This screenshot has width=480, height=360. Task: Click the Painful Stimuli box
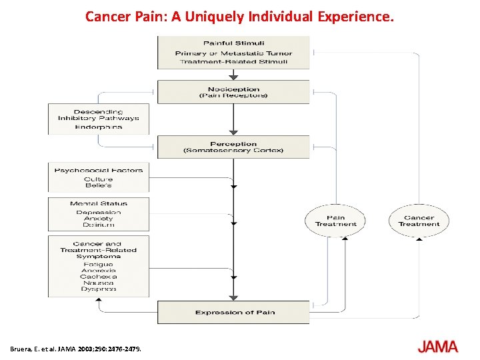coord(233,52)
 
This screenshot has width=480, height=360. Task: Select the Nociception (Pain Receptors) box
coord(233,92)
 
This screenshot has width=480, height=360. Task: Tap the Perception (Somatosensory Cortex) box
coord(233,147)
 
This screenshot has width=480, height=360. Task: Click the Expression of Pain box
coord(233,312)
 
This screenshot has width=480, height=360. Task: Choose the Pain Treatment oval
coord(336,221)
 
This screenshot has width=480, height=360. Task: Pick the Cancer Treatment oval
coord(419,221)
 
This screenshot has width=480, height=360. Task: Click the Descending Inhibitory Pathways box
coord(99,119)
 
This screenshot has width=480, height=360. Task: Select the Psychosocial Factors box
coord(99,178)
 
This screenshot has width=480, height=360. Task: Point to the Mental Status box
coord(99,213)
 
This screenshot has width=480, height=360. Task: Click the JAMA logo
coord(437,347)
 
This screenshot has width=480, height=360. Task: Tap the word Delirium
coord(99,225)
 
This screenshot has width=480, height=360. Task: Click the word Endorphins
coord(99,127)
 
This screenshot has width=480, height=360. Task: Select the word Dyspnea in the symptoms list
coord(99,289)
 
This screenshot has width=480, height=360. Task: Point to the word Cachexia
coord(99,276)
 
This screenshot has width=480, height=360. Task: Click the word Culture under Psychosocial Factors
coord(99,179)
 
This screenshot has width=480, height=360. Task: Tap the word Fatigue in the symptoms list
coord(99,264)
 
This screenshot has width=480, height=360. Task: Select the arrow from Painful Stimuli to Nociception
coord(233,74)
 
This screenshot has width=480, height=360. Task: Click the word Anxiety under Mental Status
coord(99,219)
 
